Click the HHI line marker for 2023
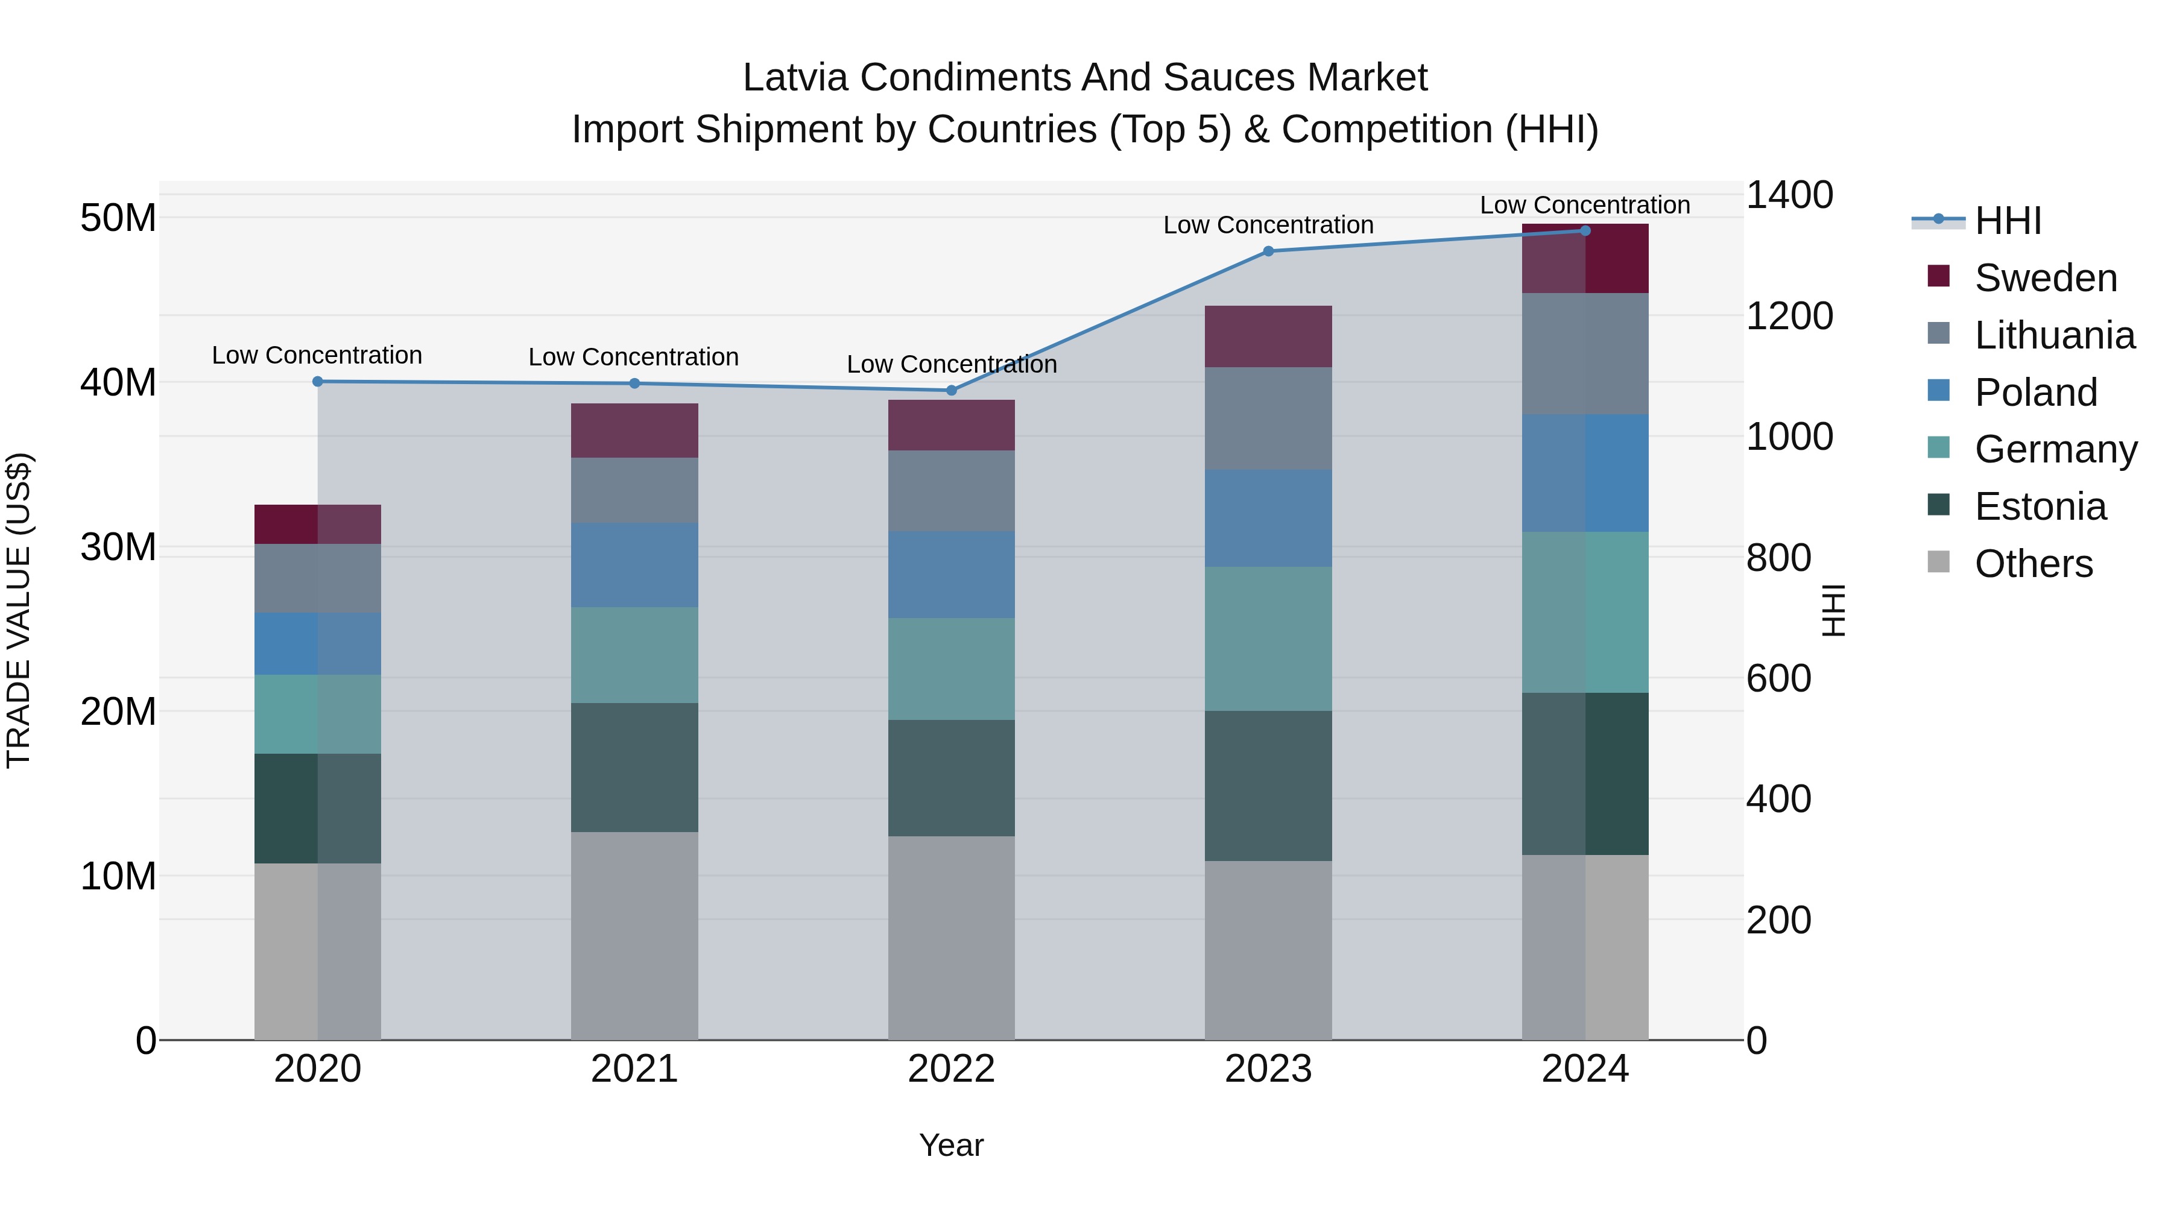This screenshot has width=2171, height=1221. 1268,251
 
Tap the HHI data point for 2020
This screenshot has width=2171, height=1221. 318,382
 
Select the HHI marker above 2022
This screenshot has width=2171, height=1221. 952,390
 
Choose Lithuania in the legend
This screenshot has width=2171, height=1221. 2054,335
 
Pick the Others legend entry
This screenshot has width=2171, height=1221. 2033,564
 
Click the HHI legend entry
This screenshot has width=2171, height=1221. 2008,221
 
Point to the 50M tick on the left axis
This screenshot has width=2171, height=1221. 118,218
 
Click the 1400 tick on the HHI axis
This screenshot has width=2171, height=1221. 1789,195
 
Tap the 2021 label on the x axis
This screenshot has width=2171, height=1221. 634,1069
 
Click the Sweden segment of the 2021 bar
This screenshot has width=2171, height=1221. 634,431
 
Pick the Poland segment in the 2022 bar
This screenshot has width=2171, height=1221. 952,575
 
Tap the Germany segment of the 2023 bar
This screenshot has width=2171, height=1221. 1268,639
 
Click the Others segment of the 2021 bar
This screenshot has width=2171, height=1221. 634,935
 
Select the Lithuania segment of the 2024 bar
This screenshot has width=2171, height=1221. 1585,354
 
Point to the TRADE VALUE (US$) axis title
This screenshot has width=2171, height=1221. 19,610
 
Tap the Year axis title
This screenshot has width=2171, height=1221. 952,1145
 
